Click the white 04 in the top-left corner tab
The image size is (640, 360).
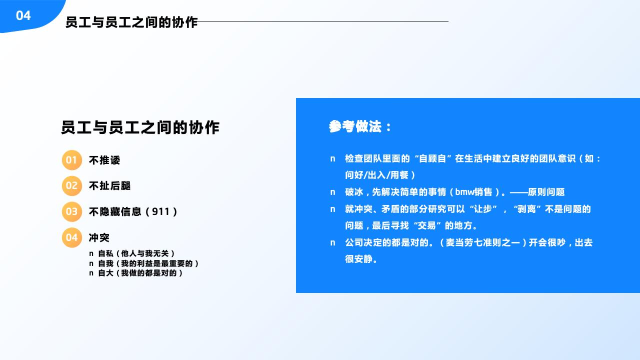[23, 15]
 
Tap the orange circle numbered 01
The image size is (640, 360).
[71, 160]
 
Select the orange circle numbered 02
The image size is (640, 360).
[71, 186]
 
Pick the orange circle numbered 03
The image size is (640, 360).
[71, 211]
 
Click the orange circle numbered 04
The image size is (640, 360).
[71, 237]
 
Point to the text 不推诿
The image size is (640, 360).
[104, 160]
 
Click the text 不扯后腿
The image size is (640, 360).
[109, 186]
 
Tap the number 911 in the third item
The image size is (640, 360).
[161, 211]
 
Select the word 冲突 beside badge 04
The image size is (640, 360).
[99, 237]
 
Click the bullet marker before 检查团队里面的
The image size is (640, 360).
[332, 159]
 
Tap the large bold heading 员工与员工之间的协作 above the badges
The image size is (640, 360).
[140, 127]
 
